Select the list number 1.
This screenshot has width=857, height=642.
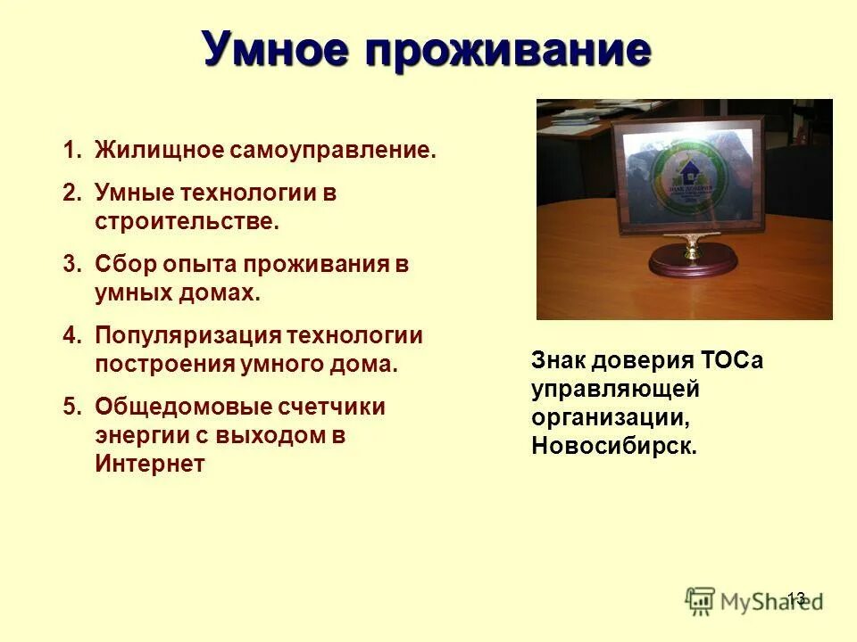[71, 150]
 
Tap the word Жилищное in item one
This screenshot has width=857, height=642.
[157, 150]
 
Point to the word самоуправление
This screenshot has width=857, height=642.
[332, 150]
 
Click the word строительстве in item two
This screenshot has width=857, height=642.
[187, 222]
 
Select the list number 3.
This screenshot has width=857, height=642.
[71, 265]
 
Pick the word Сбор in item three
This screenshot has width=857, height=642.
[124, 265]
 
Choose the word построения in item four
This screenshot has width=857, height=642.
[164, 365]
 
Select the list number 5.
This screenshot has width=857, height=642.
[71, 407]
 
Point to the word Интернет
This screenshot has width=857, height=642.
[150, 465]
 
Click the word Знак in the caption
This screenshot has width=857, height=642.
[562, 361]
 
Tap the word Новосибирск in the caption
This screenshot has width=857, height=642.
[613, 447]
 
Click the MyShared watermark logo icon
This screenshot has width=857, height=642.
[701, 600]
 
